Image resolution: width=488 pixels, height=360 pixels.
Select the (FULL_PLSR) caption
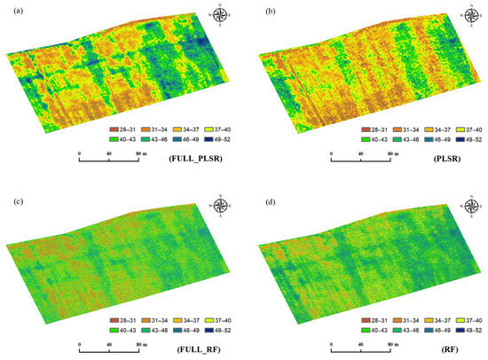coord(193,159)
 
